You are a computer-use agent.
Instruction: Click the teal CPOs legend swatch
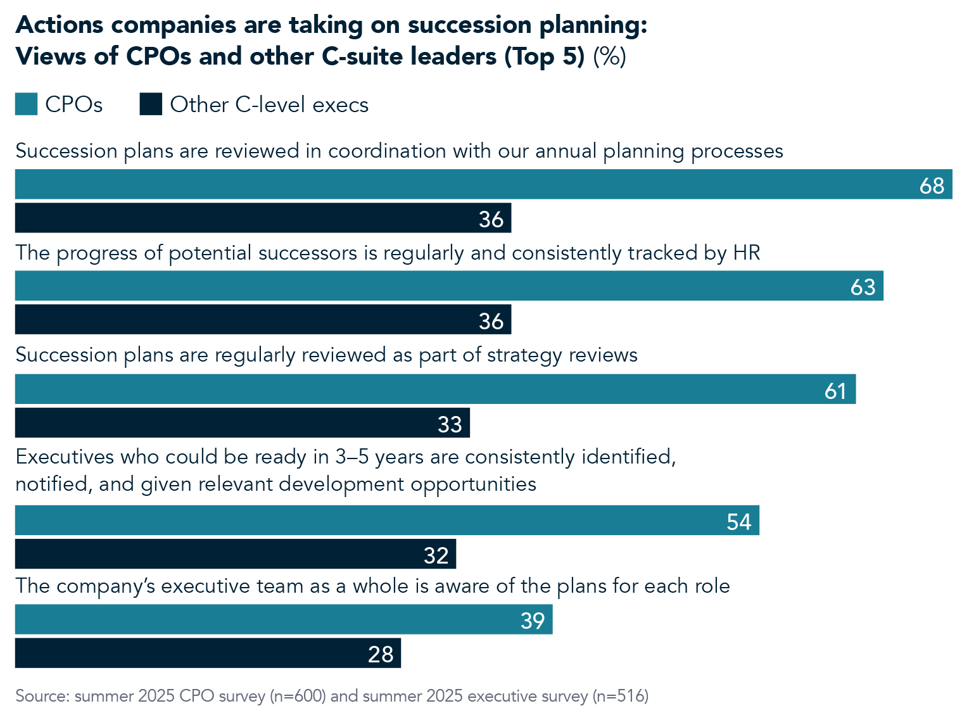point(27,104)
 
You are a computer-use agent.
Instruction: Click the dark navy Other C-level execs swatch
point(151,104)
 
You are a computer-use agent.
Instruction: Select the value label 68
point(932,186)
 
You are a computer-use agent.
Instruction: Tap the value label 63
point(863,287)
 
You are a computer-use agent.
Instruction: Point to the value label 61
point(835,391)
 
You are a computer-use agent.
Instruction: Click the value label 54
point(738,522)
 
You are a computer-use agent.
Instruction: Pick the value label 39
point(533,621)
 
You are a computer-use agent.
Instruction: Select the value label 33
point(450,424)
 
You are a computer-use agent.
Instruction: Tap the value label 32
point(436,555)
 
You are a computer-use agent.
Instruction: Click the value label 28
point(381,654)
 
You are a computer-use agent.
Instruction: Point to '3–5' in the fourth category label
point(356,457)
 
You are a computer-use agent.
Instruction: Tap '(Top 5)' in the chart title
point(544,56)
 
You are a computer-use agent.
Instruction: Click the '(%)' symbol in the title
point(609,56)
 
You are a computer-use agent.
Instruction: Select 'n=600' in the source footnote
point(298,696)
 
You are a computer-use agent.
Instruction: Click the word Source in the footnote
point(41,696)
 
